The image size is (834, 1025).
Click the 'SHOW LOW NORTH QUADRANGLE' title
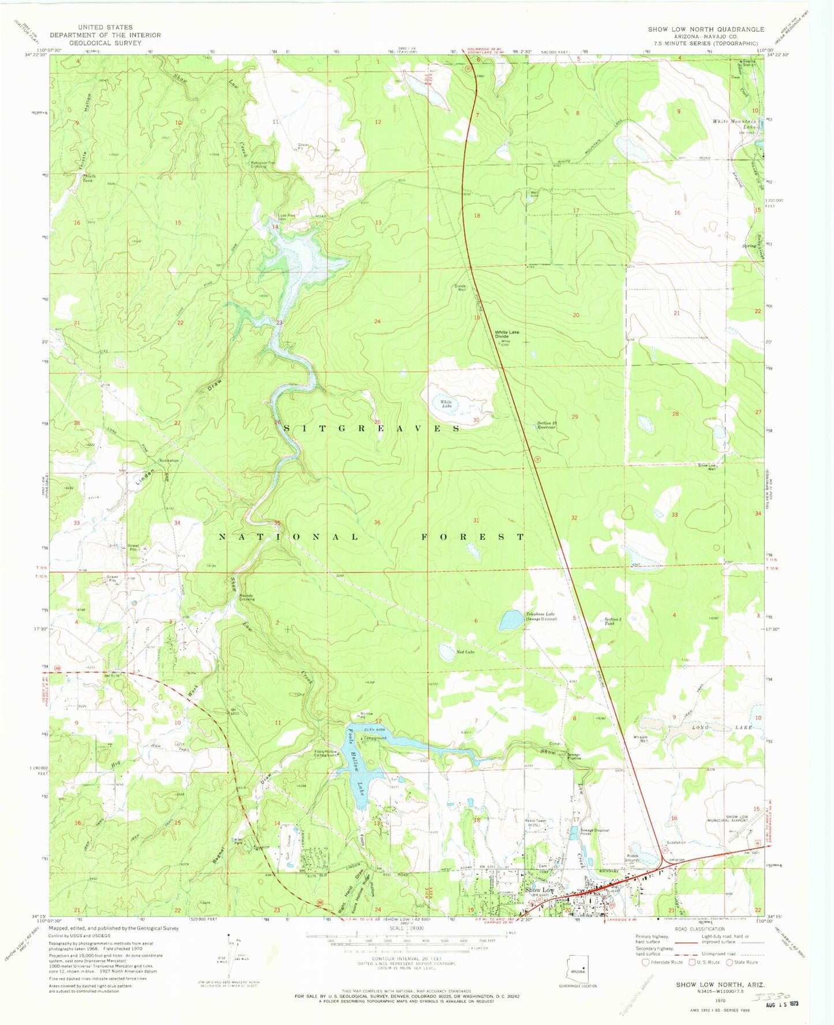pos(705,29)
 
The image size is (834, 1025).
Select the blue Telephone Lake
pos(511,620)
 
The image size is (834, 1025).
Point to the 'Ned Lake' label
pos(465,652)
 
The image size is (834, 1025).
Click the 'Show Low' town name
pos(539,891)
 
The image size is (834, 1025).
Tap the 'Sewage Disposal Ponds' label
pos(594,832)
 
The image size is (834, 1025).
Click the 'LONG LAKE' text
pos(721,728)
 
